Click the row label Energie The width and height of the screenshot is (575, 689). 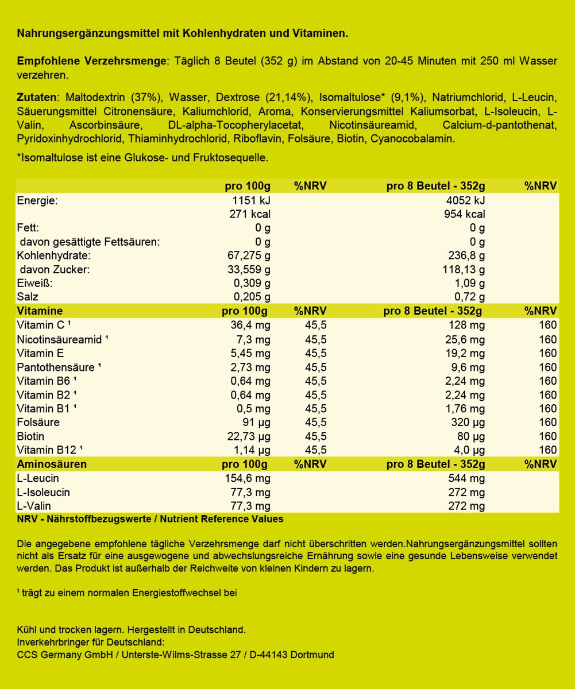(x=38, y=200)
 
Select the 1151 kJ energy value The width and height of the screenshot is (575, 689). (x=250, y=200)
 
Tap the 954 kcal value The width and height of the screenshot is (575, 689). (x=466, y=214)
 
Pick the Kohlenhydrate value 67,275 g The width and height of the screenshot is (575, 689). (x=248, y=256)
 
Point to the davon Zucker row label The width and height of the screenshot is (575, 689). (x=55, y=269)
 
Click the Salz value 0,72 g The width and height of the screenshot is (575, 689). (x=470, y=297)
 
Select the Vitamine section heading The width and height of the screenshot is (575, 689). (x=40, y=311)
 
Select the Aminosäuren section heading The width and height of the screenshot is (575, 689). (x=52, y=464)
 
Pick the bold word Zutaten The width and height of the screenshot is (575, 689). (x=38, y=97)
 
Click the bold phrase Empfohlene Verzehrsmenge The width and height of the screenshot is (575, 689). (x=92, y=61)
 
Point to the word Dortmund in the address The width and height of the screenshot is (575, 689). (x=314, y=655)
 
